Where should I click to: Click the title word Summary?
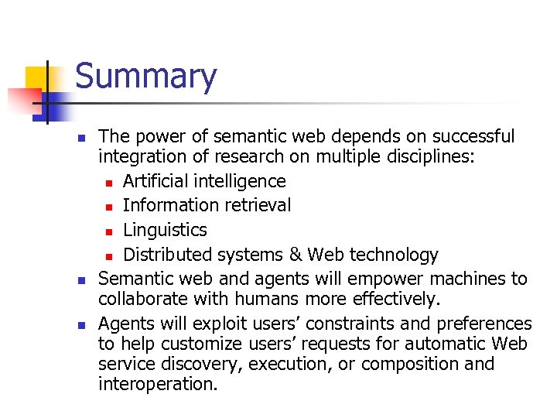pyautogui.click(x=146, y=77)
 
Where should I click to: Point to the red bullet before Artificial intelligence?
pyautogui.click(x=110, y=183)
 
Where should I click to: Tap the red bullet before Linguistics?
pyautogui.click(x=110, y=231)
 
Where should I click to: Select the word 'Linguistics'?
pyautogui.click(x=165, y=230)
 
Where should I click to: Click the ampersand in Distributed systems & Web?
pyautogui.click(x=296, y=255)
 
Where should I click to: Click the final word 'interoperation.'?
pyautogui.click(x=158, y=384)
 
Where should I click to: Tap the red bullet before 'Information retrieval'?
pyautogui.click(x=110, y=207)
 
